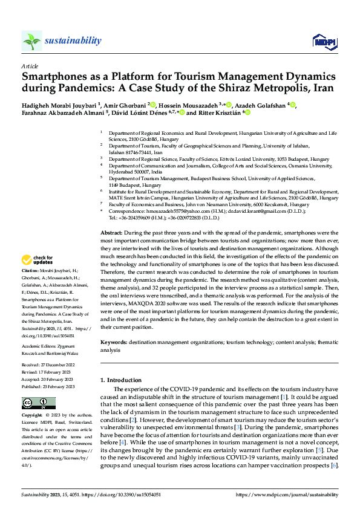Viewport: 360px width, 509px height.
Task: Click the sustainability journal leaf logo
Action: pos(31,41)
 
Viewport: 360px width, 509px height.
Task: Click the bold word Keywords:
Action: pos(113,342)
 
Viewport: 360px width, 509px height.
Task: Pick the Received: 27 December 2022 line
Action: pos(47,366)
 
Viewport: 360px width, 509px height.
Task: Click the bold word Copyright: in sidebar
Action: pos(33,416)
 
